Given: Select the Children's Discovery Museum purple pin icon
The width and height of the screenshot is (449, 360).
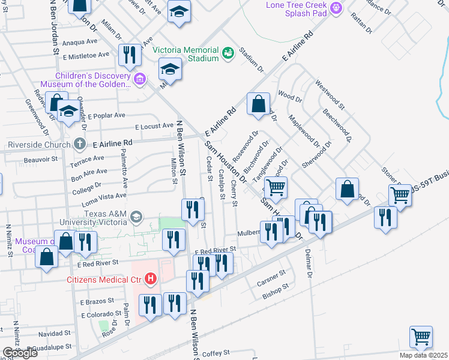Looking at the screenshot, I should pos(140,79).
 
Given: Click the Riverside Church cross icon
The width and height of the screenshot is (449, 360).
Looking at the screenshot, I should pos(80,144).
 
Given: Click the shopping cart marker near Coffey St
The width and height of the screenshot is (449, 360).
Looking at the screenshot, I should pos(421,337).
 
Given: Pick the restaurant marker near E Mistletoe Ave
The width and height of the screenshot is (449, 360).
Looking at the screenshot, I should pos(130,56).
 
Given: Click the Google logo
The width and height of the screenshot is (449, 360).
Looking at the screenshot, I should pos(20,352).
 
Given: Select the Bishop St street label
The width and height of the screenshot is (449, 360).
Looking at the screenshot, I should pos(276,295).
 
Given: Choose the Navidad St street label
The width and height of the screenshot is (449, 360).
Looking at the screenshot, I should pos(55,333).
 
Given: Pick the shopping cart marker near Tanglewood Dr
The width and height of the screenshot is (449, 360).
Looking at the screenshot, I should pos(276,187).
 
